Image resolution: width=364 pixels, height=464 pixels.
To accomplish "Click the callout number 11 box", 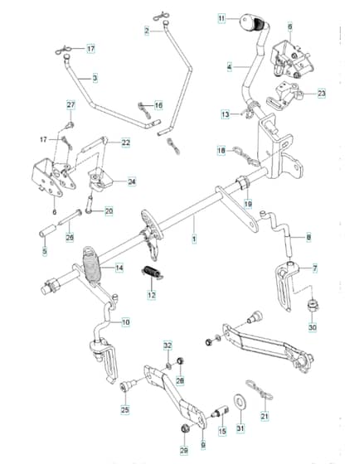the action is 221,18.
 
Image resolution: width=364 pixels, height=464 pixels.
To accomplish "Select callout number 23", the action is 322,94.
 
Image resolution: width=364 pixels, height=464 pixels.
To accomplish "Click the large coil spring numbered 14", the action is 92,267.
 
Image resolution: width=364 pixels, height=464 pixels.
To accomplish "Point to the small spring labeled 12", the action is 152,273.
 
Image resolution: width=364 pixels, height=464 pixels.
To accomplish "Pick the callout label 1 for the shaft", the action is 194,239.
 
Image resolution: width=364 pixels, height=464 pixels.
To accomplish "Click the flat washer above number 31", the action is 240,403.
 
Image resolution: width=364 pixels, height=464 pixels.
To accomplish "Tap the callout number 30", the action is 313,327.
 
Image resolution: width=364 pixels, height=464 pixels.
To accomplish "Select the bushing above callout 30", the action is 312,305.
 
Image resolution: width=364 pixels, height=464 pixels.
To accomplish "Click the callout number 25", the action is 125,410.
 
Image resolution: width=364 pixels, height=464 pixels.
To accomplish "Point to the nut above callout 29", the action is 185,428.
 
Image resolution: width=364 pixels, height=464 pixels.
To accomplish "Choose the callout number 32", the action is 167,346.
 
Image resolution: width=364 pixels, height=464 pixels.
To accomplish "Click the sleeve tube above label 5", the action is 47,231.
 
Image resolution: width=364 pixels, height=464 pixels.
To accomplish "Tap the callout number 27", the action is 70,105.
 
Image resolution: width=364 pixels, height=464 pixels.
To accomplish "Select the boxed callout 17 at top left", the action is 90,48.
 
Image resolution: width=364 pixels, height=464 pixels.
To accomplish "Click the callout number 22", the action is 126,143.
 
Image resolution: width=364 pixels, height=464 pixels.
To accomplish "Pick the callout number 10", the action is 126,322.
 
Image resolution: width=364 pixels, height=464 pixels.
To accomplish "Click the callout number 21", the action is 265,416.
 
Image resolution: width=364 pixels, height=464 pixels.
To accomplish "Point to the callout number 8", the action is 308,237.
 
